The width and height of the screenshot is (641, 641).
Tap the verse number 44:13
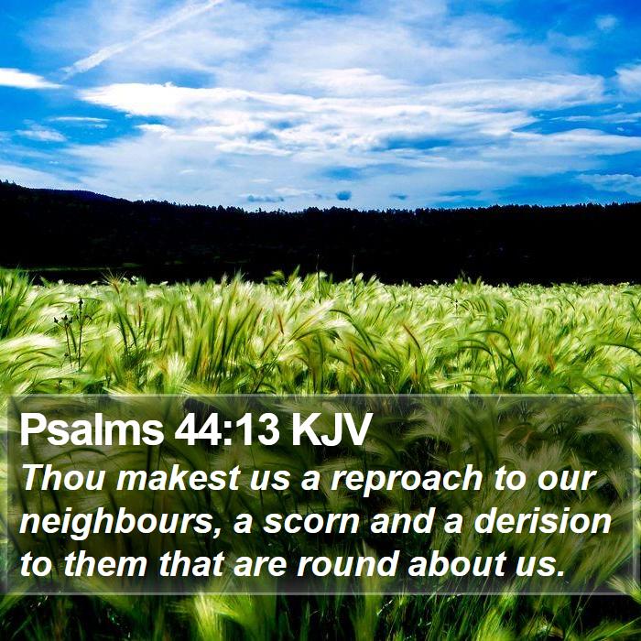227,429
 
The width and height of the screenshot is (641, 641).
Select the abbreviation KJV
330,429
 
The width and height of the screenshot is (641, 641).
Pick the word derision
542,520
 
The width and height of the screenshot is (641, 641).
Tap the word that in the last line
191,564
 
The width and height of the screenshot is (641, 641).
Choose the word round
347,564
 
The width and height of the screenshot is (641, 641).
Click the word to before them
36,565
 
